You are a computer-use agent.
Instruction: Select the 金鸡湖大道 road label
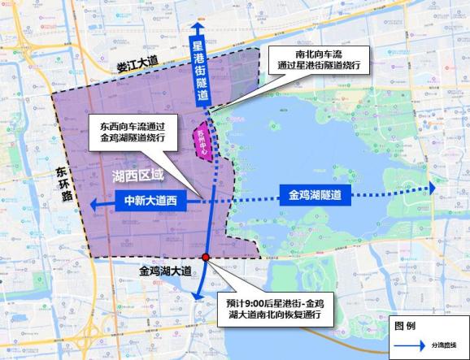[166, 271]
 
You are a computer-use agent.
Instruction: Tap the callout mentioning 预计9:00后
[276, 307]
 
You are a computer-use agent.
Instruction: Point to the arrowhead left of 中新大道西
[95, 204]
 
